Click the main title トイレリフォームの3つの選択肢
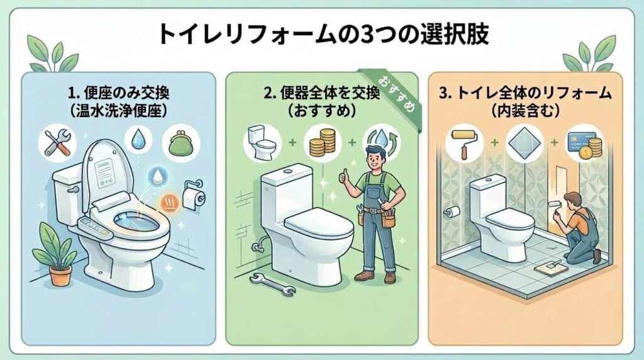click(x=323, y=35)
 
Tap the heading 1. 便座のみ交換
click(x=119, y=93)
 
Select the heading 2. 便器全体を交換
click(x=321, y=93)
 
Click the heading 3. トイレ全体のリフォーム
click(x=525, y=93)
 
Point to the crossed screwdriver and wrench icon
click(x=57, y=143)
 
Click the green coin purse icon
click(x=180, y=143)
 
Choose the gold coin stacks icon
click(x=323, y=143)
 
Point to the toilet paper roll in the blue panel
click(x=192, y=198)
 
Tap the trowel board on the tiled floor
click(x=551, y=268)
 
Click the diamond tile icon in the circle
click(x=525, y=143)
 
